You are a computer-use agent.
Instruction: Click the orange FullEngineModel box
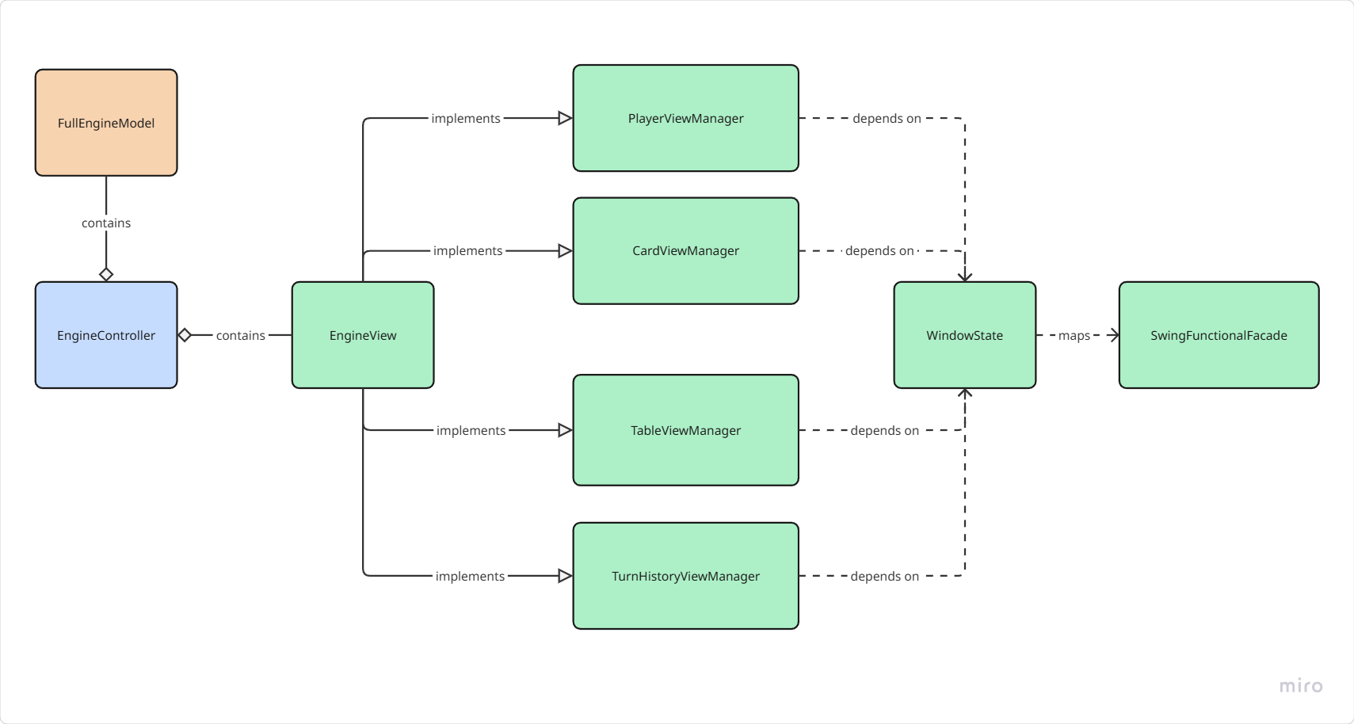[x=106, y=123]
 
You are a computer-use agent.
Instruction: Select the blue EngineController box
[x=106, y=335]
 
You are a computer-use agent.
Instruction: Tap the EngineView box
[x=363, y=335]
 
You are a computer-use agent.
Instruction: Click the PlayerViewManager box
[x=685, y=118]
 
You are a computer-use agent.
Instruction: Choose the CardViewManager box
[x=685, y=250]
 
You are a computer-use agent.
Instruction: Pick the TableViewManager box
[x=685, y=430]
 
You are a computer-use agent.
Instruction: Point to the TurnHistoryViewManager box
[x=685, y=576]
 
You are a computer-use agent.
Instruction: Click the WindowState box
[x=964, y=335]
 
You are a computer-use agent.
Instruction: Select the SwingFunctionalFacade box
[x=1219, y=335]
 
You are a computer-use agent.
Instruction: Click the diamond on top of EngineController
[x=106, y=274]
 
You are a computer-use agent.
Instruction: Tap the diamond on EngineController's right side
[x=185, y=335]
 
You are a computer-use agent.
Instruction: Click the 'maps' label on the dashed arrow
[x=1074, y=335]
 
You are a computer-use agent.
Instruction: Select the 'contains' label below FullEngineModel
[x=106, y=223]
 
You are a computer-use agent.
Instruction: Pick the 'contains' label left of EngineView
[x=240, y=335]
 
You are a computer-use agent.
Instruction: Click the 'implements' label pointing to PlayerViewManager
[x=466, y=118]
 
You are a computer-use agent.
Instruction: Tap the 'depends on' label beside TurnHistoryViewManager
[x=884, y=576]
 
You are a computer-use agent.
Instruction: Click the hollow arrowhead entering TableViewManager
[x=565, y=430]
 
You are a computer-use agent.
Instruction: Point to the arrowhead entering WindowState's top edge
[x=964, y=276]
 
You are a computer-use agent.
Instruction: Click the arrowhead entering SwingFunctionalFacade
[x=1114, y=335]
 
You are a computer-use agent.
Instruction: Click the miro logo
[x=1301, y=686]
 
